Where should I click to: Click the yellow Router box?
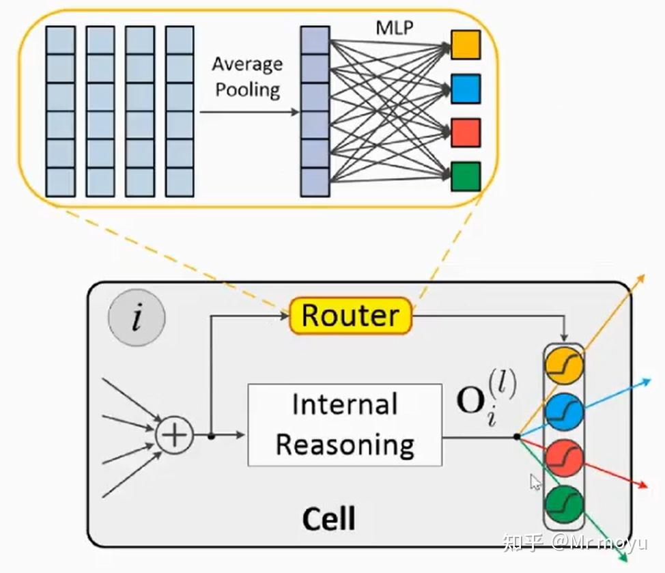pos(351,316)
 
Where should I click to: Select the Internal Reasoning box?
pos(344,425)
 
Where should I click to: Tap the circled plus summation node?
pos(175,435)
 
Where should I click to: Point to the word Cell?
pos(328,518)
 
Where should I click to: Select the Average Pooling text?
pos(247,77)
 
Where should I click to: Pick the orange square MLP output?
pos(466,44)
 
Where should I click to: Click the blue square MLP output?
pos(466,89)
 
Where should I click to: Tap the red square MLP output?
pos(466,132)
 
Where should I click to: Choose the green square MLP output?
pos(466,176)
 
